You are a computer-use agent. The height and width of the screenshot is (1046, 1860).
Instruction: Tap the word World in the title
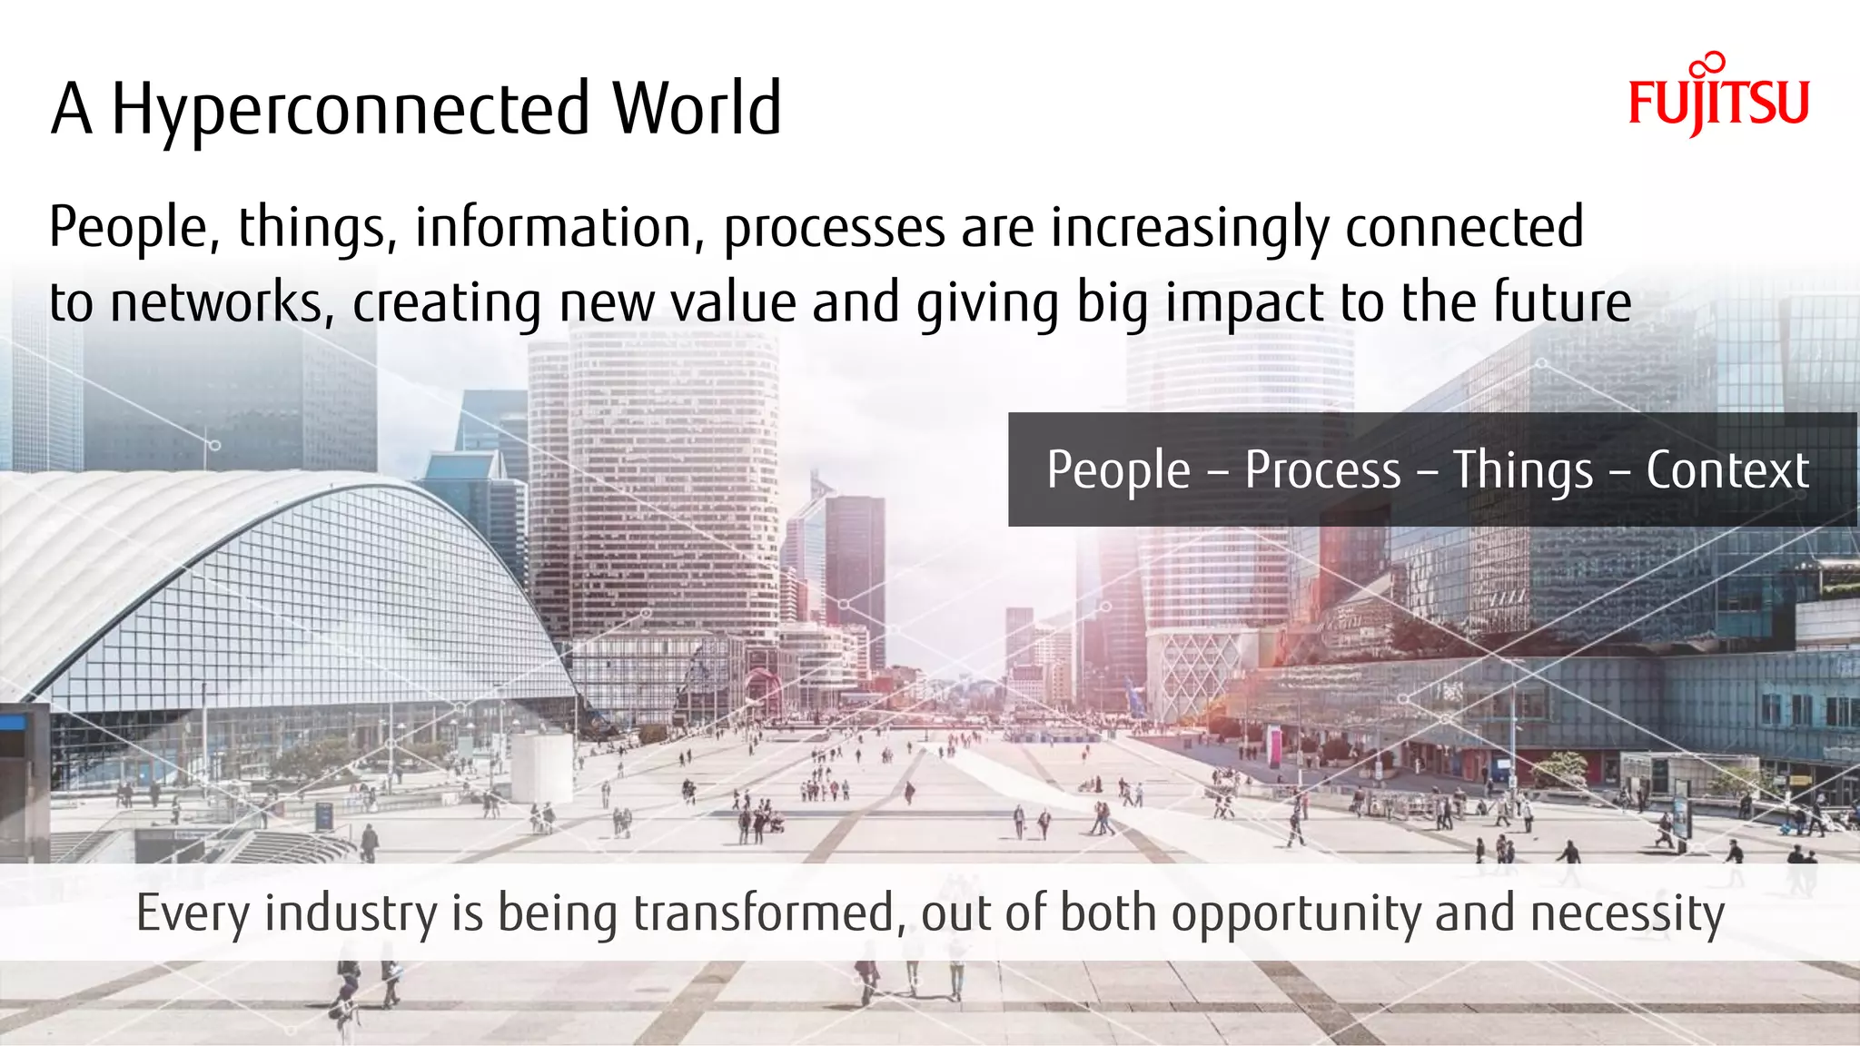696,109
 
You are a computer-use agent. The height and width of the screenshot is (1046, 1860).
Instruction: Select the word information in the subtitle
554,227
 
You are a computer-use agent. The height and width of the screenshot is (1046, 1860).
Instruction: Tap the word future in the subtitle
1562,302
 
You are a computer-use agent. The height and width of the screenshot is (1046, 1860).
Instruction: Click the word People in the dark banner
1118,470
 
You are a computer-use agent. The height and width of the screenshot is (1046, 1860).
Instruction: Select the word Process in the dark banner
1322,470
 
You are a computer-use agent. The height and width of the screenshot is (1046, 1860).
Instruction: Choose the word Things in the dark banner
1523,470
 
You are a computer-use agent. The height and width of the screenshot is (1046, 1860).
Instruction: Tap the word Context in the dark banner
1727,470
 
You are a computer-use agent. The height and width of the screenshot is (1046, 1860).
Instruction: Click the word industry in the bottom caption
351,913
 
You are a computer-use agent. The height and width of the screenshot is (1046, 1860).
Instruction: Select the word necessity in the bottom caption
1627,913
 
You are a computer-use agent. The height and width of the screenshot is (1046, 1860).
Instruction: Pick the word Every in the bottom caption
193,913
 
